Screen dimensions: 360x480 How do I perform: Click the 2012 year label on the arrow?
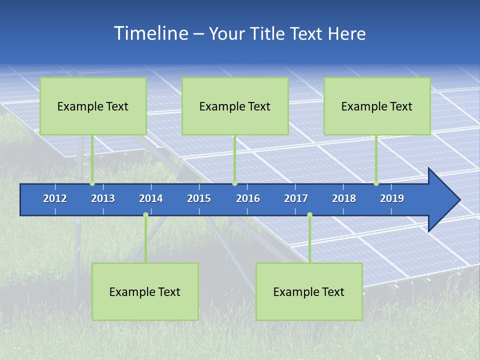pyautogui.click(x=55, y=198)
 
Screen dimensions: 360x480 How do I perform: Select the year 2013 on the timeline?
pyautogui.click(x=103, y=198)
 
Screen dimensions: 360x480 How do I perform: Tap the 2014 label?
pyautogui.click(x=151, y=198)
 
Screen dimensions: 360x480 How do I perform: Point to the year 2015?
pyautogui.click(x=199, y=198)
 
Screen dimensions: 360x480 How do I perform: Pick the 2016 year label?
pyautogui.click(x=248, y=198)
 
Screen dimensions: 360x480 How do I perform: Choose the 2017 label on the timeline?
pyautogui.click(x=296, y=198)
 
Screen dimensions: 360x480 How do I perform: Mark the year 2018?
pyautogui.click(x=344, y=198)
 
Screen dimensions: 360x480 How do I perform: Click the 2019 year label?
pyautogui.click(x=392, y=198)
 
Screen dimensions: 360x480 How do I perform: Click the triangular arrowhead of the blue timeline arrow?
pyautogui.click(x=442, y=200)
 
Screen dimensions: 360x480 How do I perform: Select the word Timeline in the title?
pyautogui.click(x=150, y=33)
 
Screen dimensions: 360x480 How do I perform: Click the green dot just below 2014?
pyautogui.click(x=145, y=215)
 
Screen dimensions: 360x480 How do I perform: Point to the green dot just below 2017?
pyautogui.click(x=309, y=215)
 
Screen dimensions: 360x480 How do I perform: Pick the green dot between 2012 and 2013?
pyautogui.click(x=92, y=183)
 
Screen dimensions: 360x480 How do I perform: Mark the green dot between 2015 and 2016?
pyautogui.click(x=234, y=183)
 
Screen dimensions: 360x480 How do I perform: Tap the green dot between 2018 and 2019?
pyautogui.click(x=376, y=183)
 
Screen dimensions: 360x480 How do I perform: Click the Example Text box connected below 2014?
pyautogui.click(x=145, y=291)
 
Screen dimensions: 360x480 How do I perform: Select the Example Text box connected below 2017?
pyautogui.click(x=309, y=291)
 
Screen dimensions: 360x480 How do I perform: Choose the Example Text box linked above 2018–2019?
pyautogui.click(x=377, y=106)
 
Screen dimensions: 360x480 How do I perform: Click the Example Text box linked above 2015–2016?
pyautogui.click(x=235, y=106)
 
